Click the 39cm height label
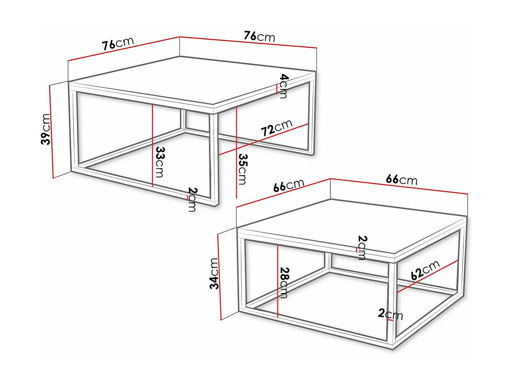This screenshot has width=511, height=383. click(x=46, y=129)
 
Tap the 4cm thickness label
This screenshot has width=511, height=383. click(x=284, y=86)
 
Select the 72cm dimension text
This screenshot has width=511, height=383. click(x=277, y=128)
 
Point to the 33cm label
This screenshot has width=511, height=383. click(x=160, y=162)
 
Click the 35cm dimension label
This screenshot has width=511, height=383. click(x=243, y=169)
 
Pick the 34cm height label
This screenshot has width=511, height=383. click(x=214, y=274)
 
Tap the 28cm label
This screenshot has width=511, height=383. click(x=284, y=283)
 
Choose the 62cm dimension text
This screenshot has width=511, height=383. click(x=425, y=270)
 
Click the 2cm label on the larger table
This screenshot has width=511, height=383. click(x=192, y=199)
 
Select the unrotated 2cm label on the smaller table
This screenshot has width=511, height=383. click(x=390, y=314)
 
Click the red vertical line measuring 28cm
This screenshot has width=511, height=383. click(x=277, y=281)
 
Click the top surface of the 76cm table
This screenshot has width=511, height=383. click(x=192, y=80)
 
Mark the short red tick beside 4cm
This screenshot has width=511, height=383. click(x=277, y=89)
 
